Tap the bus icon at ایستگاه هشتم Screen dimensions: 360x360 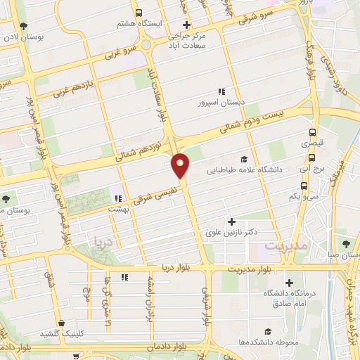pos(139,12)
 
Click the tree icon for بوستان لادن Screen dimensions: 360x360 pos(25,26)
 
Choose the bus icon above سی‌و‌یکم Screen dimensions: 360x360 pos(304,186)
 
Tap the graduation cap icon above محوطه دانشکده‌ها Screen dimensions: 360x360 pos(267,331)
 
